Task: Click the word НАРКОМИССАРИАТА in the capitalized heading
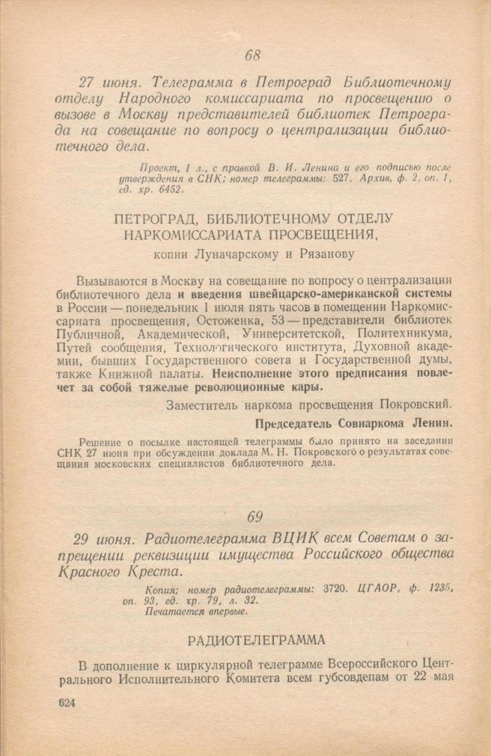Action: tap(196, 235)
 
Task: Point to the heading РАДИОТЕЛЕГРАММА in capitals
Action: tap(257, 641)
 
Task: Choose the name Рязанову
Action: tap(326, 254)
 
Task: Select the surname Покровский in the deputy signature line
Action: tap(414, 404)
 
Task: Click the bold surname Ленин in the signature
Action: tap(432, 422)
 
